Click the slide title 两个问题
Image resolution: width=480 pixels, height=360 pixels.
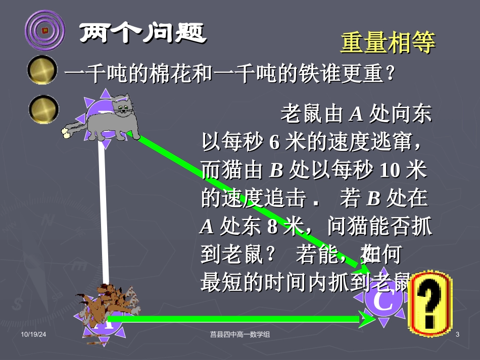click(142, 34)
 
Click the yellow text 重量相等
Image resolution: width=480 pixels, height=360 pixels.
click(388, 43)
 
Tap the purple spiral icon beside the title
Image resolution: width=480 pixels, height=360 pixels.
click(45, 31)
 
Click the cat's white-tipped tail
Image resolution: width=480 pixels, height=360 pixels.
click(66, 133)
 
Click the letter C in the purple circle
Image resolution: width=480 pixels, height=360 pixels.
click(385, 302)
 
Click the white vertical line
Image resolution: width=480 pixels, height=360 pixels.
click(104, 212)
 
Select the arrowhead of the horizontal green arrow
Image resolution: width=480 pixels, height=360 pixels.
click(363, 318)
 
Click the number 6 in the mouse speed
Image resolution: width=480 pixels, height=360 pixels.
click(274, 143)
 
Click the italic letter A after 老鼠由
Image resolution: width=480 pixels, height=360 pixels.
click(356, 115)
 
